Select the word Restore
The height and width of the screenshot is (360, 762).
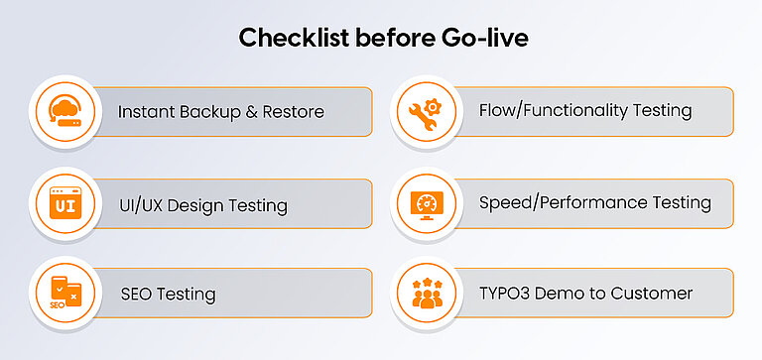point(294,112)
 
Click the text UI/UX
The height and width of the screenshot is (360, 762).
point(142,205)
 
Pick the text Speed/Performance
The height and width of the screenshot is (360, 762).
point(562,203)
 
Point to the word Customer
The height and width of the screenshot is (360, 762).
point(653,294)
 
